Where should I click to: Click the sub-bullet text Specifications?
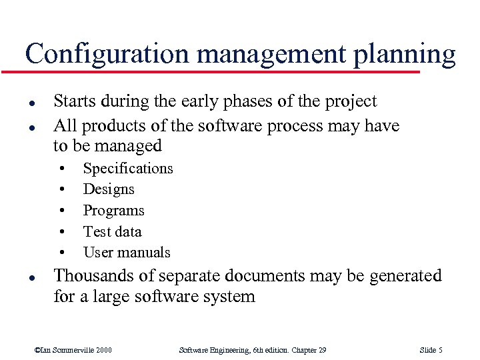(127, 169)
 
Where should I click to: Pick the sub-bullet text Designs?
(109, 189)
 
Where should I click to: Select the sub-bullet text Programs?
(113, 211)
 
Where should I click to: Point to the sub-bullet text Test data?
(112, 231)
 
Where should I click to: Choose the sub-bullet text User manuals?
(127, 253)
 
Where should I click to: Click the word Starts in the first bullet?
(73, 101)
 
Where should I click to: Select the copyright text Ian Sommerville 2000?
(73, 350)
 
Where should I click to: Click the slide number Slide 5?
(431, 350)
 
